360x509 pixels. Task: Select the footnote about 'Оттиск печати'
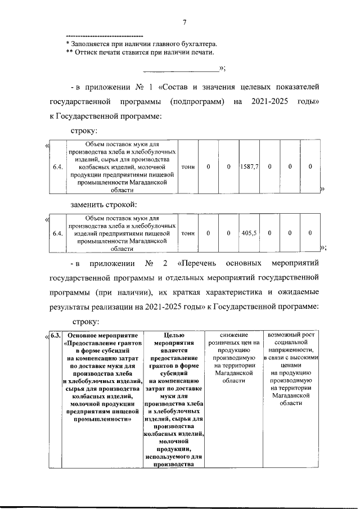140,52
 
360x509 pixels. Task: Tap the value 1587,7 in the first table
248,167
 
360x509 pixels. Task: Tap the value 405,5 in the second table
248,233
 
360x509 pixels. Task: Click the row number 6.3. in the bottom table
55,336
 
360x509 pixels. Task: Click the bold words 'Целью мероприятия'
174,340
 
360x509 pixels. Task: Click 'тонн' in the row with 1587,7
188,167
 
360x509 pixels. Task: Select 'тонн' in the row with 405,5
188,233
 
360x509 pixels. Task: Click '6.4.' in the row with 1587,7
56,167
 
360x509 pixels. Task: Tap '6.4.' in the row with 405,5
56,233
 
